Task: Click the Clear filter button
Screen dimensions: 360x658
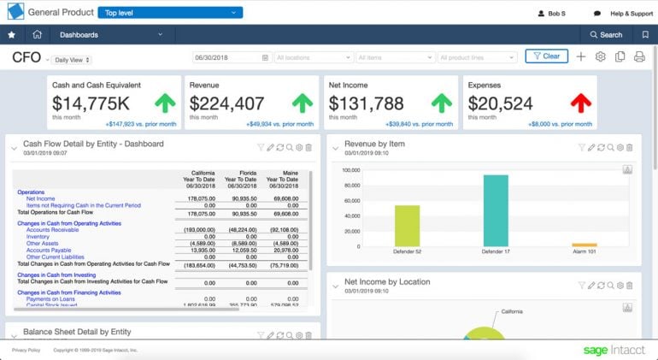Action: point(546,56)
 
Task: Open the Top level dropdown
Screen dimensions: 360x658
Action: point(169,13)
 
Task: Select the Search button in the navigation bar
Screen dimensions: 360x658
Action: point(606,35)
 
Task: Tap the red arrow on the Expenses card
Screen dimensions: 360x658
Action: point(581,103)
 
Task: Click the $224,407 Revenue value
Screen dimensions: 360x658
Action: point(226,103)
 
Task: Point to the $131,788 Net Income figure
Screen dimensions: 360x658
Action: point(365,103)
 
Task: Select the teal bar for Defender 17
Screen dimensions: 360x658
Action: point(496,211)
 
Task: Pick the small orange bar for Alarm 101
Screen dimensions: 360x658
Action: point(584,245)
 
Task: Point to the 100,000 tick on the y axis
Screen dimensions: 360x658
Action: point(350,170)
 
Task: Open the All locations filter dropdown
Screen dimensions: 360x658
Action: point(313,57)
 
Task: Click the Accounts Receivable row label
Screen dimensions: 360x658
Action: point(52,230)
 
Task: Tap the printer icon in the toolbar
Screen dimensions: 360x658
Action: point(638,56)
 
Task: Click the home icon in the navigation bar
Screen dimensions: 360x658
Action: point(37,35)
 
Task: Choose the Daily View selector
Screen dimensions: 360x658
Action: point(73,60)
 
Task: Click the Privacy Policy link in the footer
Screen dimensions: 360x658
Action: point(26,351)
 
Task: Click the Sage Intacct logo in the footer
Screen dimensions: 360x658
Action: point(614,351)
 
